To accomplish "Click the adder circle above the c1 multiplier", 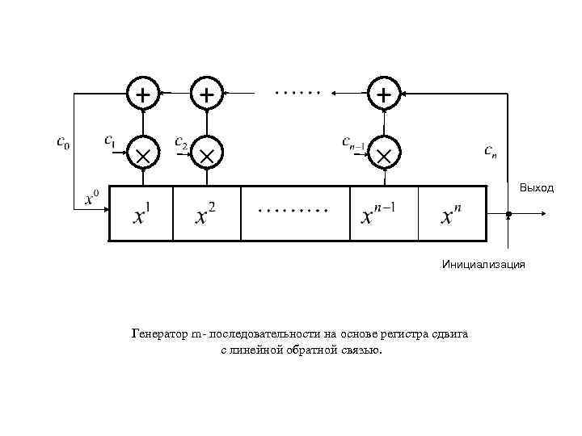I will pos(142,94).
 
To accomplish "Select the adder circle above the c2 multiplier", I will pos(207,94).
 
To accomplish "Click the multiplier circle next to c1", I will pos(142,153).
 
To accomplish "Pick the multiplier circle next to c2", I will pos(207,153).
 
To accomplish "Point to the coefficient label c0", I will pos(61,143).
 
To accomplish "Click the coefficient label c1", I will pos(110,140).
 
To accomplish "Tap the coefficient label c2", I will pos(181,141).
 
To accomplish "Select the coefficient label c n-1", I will pos(356,142).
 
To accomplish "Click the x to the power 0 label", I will pos(92,197).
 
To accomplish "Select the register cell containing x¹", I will pos(141,214).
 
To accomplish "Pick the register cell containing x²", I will pos(207,214).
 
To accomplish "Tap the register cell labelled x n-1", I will pos(383,214).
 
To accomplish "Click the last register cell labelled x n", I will pos(452,214).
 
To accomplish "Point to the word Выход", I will pos(537,188).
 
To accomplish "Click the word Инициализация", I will pos(483,263).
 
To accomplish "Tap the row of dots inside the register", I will pos(293,211).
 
